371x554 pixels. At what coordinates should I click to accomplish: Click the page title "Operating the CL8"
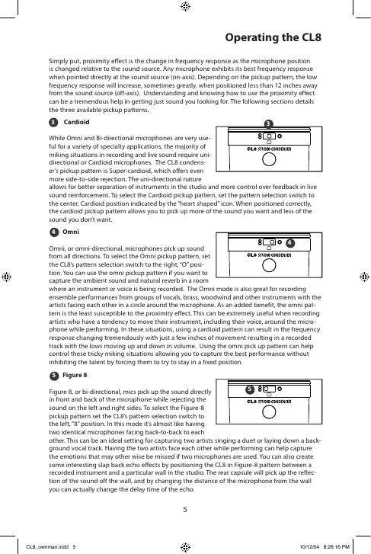tap(273, 37)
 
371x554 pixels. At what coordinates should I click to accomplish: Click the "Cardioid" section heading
tap(76, 122)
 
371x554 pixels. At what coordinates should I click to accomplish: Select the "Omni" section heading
tap(71, 232)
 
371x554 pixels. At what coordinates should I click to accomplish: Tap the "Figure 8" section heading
tap(75, 375)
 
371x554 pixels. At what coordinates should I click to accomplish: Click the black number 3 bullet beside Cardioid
tap(53, 122)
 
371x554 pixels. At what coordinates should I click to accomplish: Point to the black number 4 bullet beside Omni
tap(53, 232)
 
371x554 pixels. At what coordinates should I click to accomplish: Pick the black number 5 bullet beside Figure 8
tap(53, 376)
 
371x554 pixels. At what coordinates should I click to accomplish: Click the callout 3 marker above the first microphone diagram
tap(268, 123)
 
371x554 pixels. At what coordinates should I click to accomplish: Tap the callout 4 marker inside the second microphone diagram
tap(289, 243)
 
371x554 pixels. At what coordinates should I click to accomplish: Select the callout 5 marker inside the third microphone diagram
tap(250, 389)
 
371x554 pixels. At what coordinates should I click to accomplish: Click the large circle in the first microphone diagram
tap(269, 159)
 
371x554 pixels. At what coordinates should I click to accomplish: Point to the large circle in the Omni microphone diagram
tap(269, 265)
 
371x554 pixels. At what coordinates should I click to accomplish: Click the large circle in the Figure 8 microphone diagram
tap(269, 412)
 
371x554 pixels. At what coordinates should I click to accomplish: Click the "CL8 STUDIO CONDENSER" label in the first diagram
tap(269, 149)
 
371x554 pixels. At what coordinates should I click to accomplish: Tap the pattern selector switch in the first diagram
tap(269, 136)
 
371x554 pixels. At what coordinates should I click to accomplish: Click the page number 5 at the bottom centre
tap(185, 510)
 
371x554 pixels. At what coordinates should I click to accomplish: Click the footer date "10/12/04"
tap(309, 547)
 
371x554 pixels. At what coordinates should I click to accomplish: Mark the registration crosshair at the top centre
tap(185, 6)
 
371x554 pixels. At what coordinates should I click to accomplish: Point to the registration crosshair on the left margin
tap(6, 277)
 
